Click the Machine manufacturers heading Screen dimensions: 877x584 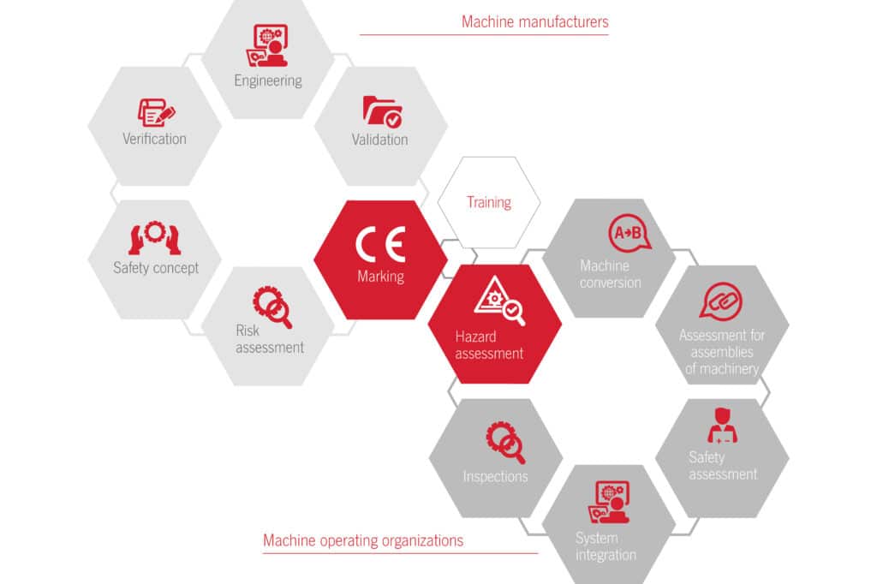pos(534,21)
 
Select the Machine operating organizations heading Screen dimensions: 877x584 pos(363,540)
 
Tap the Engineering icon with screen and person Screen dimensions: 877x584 pos(268,46)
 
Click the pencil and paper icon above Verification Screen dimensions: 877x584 pos(156,112)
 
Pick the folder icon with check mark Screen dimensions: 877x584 pos(383,111)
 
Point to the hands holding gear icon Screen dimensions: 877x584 pos(154,238)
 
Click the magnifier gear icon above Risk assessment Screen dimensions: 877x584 pos(272,307)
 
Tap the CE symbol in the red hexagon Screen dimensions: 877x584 pos(380,244)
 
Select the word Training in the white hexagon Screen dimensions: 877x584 pos(489,202)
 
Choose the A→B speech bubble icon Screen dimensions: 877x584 pos(629,233)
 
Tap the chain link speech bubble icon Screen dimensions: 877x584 pos(720,301)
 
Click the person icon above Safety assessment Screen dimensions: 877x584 pos(722,426)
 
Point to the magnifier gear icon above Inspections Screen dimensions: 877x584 pos(505,443)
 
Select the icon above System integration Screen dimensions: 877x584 pos(609,502)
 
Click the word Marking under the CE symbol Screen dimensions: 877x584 pos(380,277)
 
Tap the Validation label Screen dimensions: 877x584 pos(379,140)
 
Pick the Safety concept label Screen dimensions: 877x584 pos(156,268)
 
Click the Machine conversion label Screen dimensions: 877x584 pos(610,274)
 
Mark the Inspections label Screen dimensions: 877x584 pos(495,477)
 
